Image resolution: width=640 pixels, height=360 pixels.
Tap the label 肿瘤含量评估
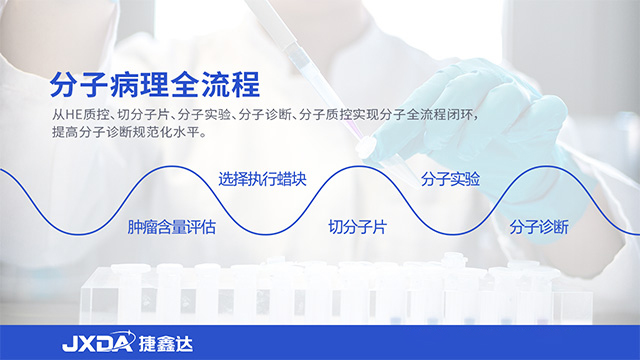coord(172,227)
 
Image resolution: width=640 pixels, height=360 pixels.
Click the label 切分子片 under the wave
coord(358,227)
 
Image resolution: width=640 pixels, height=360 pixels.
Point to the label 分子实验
coord(450,180)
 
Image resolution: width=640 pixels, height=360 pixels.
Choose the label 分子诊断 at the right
coord(539,227)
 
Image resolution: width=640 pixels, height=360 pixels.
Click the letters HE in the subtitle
coord(73,113)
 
